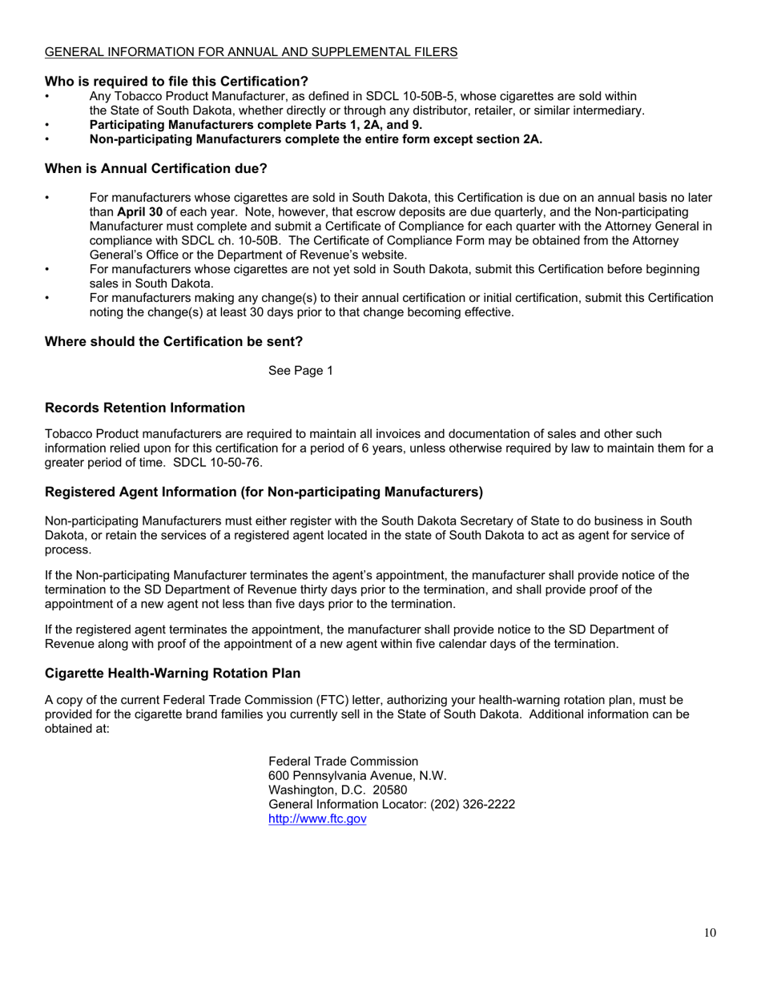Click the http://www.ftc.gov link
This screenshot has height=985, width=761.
(316, 819)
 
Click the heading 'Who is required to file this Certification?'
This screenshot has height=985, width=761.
(176, 81)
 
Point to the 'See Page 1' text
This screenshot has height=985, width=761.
(300, 371)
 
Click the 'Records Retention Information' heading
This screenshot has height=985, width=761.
(144, 408)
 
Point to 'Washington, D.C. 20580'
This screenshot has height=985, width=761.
(337, 790)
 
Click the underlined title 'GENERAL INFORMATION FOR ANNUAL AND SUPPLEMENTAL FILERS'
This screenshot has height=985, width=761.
(251, 52)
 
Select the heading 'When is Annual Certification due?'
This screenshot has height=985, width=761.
(155, 169)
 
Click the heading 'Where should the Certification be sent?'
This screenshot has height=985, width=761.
(173, 341)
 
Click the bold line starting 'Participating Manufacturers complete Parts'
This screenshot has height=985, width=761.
(256, 124)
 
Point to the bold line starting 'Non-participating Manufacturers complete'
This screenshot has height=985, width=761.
(316, 139)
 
